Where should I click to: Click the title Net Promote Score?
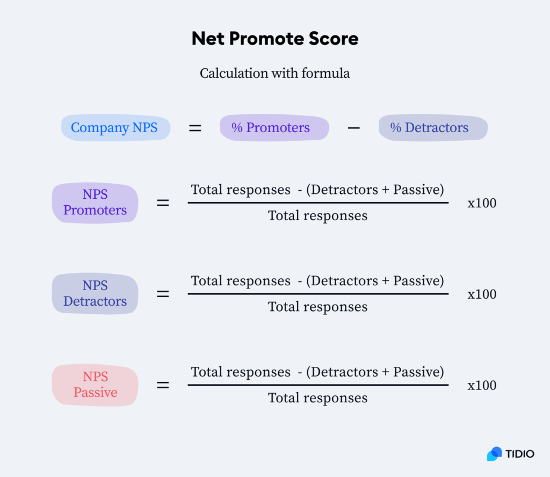click(275, 38)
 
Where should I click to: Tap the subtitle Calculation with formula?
click(274, 73)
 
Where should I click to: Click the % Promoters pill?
click(274, 128)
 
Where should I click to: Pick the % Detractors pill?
click(433, 128)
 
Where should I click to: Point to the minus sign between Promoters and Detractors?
click(353, 128)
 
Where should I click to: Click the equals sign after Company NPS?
click(195, 128)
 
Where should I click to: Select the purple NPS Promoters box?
click(95, 203)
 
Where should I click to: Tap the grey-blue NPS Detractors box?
click(95, 294)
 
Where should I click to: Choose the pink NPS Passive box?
click(95, 385)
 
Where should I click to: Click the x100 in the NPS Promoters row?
click(482, 203)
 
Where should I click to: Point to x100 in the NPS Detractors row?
click(482, 294)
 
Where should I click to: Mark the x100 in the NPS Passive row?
click(482, 386)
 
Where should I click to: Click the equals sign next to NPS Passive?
click(163, 386)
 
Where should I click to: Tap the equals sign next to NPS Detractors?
click(163, 294)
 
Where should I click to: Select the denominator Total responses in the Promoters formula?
click(318, 216)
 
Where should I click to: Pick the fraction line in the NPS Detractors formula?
click(318, 294)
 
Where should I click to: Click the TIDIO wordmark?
click(520, 454)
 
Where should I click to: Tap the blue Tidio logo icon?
click(495, 454)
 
